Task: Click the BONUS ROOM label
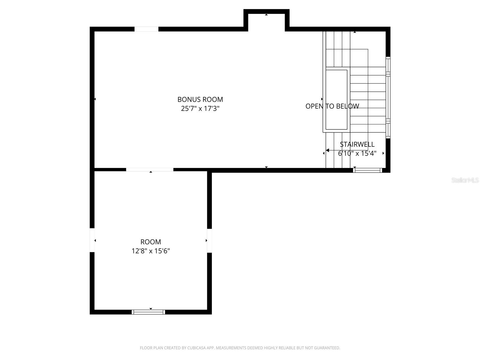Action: coord(200,99)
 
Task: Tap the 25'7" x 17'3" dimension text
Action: coord(200,108)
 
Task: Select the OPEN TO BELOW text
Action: coord(332,106)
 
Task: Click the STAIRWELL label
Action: coord(357,144)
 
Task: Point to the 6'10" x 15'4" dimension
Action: coord(357,153)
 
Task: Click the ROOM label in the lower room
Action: coord(151,242)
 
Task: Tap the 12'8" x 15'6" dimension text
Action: coord(151,251)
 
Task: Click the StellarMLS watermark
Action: coord(465,180)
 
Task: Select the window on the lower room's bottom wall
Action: coord(148,312)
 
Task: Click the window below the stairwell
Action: coord(367,170)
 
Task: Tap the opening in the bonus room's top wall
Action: coord(146,29)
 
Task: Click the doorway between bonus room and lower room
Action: coord(149,170)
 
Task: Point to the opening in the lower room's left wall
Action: coord(92,240)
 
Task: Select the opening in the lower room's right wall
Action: coord(209,241)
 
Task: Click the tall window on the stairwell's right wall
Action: coord(388,97)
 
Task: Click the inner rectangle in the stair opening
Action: coord(336,100)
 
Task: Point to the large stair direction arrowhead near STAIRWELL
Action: coord(328,150)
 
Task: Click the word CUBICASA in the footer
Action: coord(196,348)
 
